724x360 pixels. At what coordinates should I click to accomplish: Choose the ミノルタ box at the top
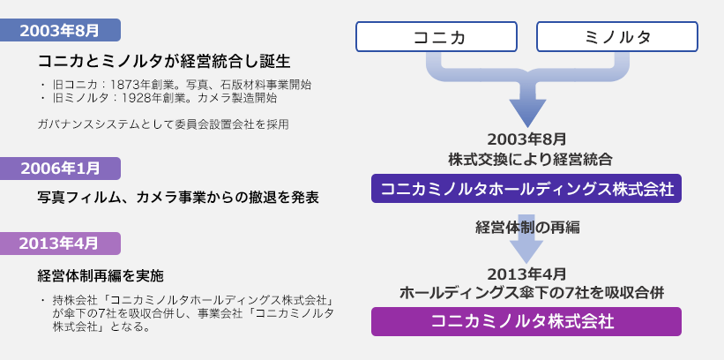click(617, 37)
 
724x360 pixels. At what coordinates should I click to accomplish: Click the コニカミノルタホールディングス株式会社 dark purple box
click(526, 189)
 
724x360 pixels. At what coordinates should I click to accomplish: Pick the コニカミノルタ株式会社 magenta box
click(526, 321)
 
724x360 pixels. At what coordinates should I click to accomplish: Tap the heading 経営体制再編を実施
click(101, 274)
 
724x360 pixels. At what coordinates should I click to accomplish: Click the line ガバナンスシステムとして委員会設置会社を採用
click(163, 124)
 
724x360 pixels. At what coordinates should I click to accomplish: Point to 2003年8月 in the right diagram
click(527, 139)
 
